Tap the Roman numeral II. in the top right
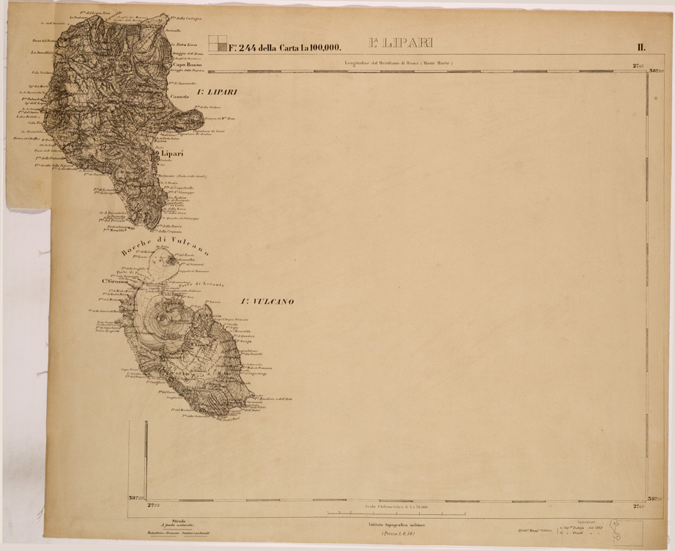point(640,48)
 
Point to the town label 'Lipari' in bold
point(171,154)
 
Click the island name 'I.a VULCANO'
point(267,301)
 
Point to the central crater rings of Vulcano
point(162,322)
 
